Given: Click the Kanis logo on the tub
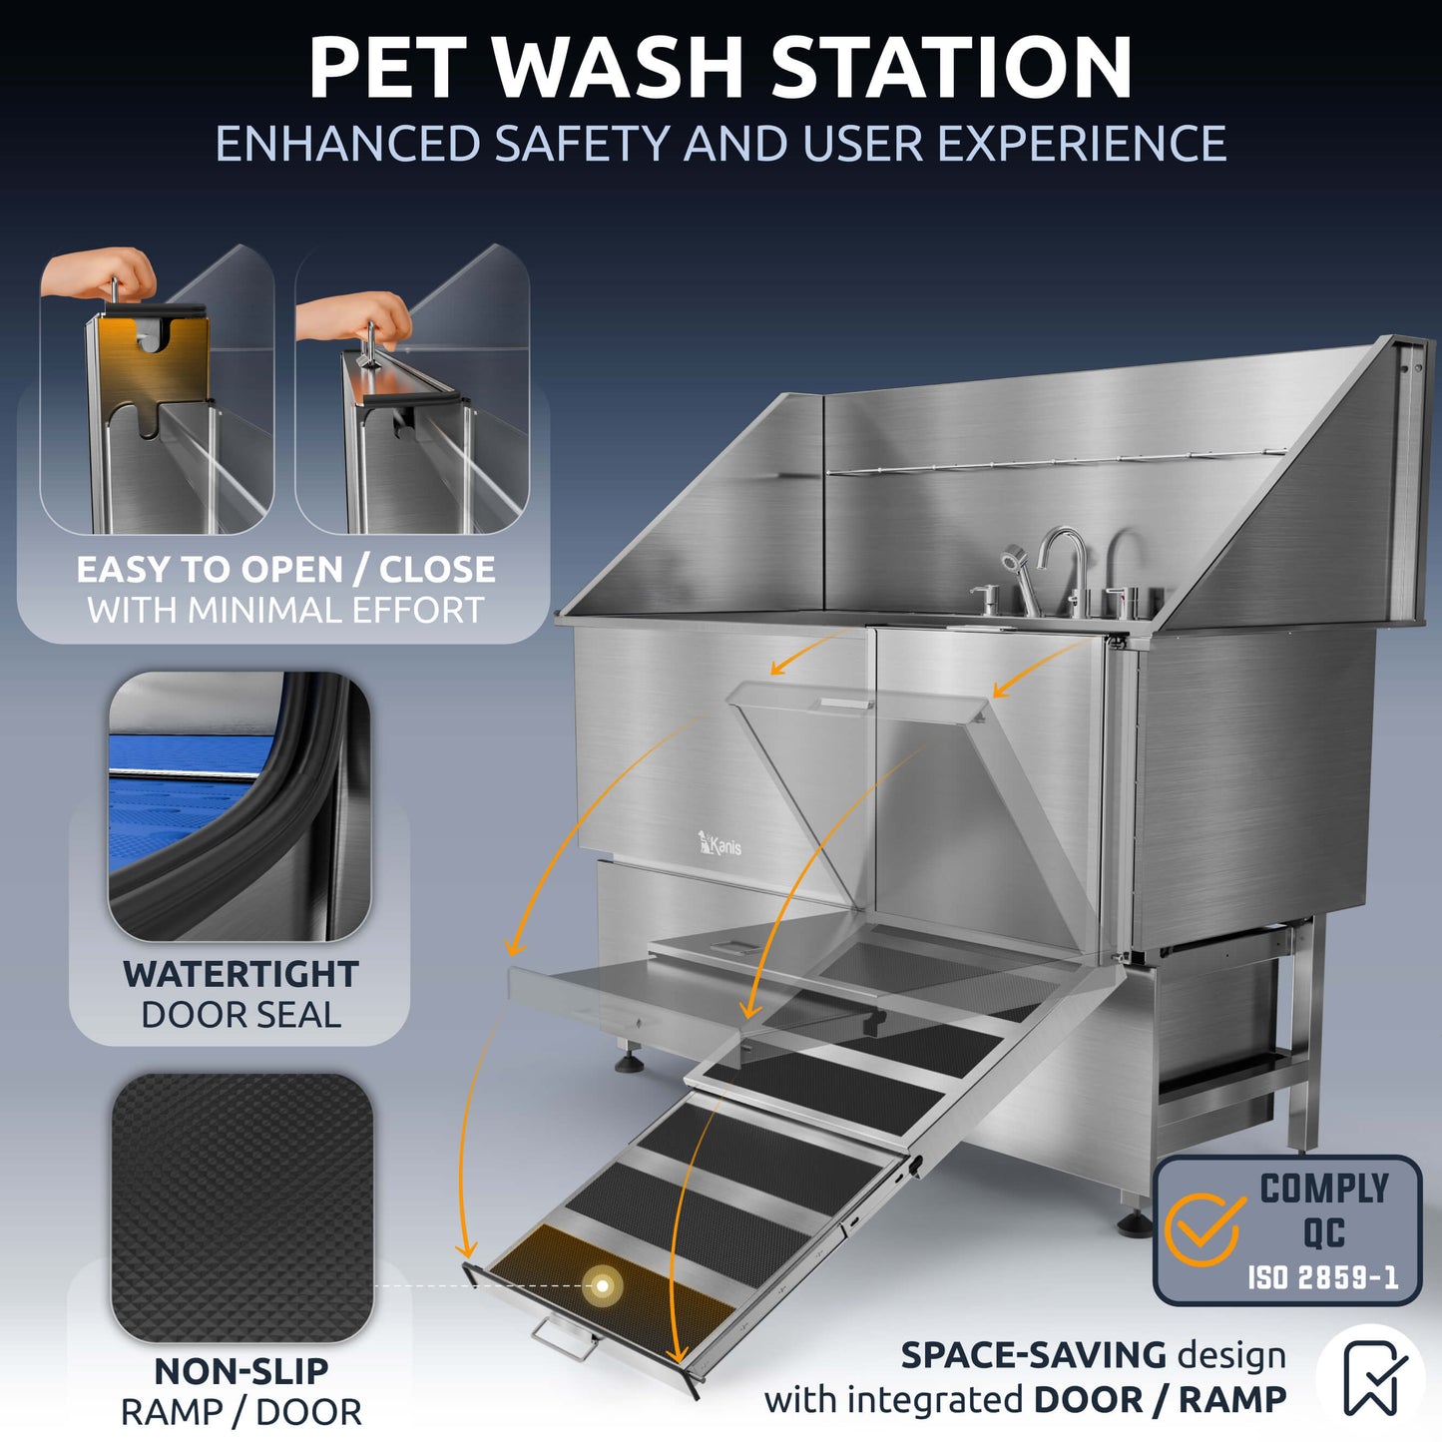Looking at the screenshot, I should [720, 844].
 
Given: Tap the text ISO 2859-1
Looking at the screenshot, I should [1323, 1276].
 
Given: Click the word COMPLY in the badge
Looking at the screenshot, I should [1324, 1189].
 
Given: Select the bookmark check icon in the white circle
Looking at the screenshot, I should [1371, 1378].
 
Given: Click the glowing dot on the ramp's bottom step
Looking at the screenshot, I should [603, 1285].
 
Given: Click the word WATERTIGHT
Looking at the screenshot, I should [240, 974].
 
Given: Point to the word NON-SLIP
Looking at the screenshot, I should [240, 1371].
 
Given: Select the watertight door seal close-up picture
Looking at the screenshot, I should [240, 806].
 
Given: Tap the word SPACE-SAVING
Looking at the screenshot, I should [1033, 1355].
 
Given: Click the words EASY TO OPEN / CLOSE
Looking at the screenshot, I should [285, 570].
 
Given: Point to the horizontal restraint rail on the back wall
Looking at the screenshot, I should [1058, 461].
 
